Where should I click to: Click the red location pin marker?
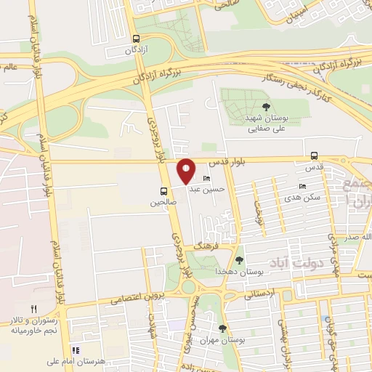186,171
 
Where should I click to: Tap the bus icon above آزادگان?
136,39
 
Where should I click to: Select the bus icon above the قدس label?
314,155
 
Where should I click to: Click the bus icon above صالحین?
164,192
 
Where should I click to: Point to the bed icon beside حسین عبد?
207,179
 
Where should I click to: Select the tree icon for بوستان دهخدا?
240,259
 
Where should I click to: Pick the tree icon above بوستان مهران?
223,328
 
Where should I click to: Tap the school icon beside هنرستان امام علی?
75,350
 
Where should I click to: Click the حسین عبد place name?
204,188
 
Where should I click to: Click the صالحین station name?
163,203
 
